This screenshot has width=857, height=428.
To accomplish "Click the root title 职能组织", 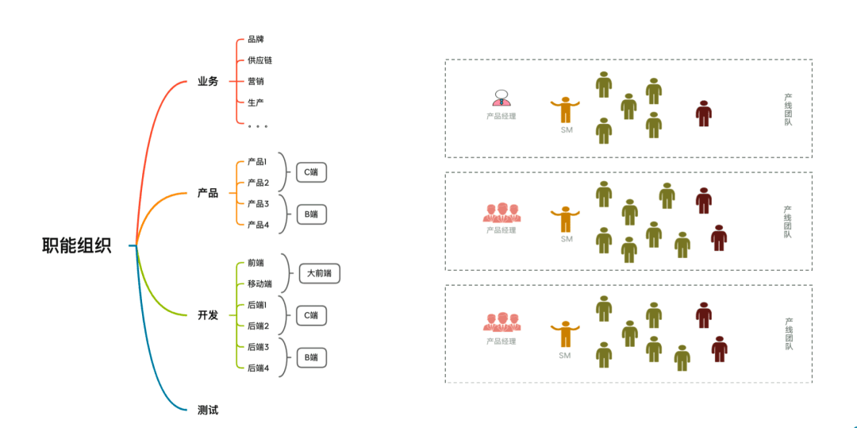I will [77, 245].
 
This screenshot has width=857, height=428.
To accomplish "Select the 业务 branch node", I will [208, 82].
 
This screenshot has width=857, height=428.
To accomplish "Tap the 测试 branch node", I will [208, 410].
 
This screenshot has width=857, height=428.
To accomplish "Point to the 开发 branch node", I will [208, 315].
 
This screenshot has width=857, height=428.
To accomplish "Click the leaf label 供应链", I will [259, 60].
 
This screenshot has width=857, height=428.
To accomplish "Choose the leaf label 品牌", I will [256, 39].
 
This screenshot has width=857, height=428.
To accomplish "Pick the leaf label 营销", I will [256, 82].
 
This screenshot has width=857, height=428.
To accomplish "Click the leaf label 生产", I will [256, 103].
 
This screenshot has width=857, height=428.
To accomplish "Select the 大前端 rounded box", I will [319, 274].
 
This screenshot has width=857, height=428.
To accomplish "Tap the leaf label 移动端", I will [259, 283].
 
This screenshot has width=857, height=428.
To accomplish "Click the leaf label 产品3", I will [258, 204].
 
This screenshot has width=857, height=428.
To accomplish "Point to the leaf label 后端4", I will [258, 368].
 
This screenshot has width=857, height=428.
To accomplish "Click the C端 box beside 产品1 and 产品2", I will [311, 172].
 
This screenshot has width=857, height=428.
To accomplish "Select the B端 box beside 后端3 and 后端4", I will [311, 357].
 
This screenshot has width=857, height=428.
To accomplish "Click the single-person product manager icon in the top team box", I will [501, 98].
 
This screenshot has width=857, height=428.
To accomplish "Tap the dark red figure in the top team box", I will [703, 114].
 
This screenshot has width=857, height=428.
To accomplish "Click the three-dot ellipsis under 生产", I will [257, 125].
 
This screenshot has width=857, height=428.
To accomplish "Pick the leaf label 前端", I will [256, 263].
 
